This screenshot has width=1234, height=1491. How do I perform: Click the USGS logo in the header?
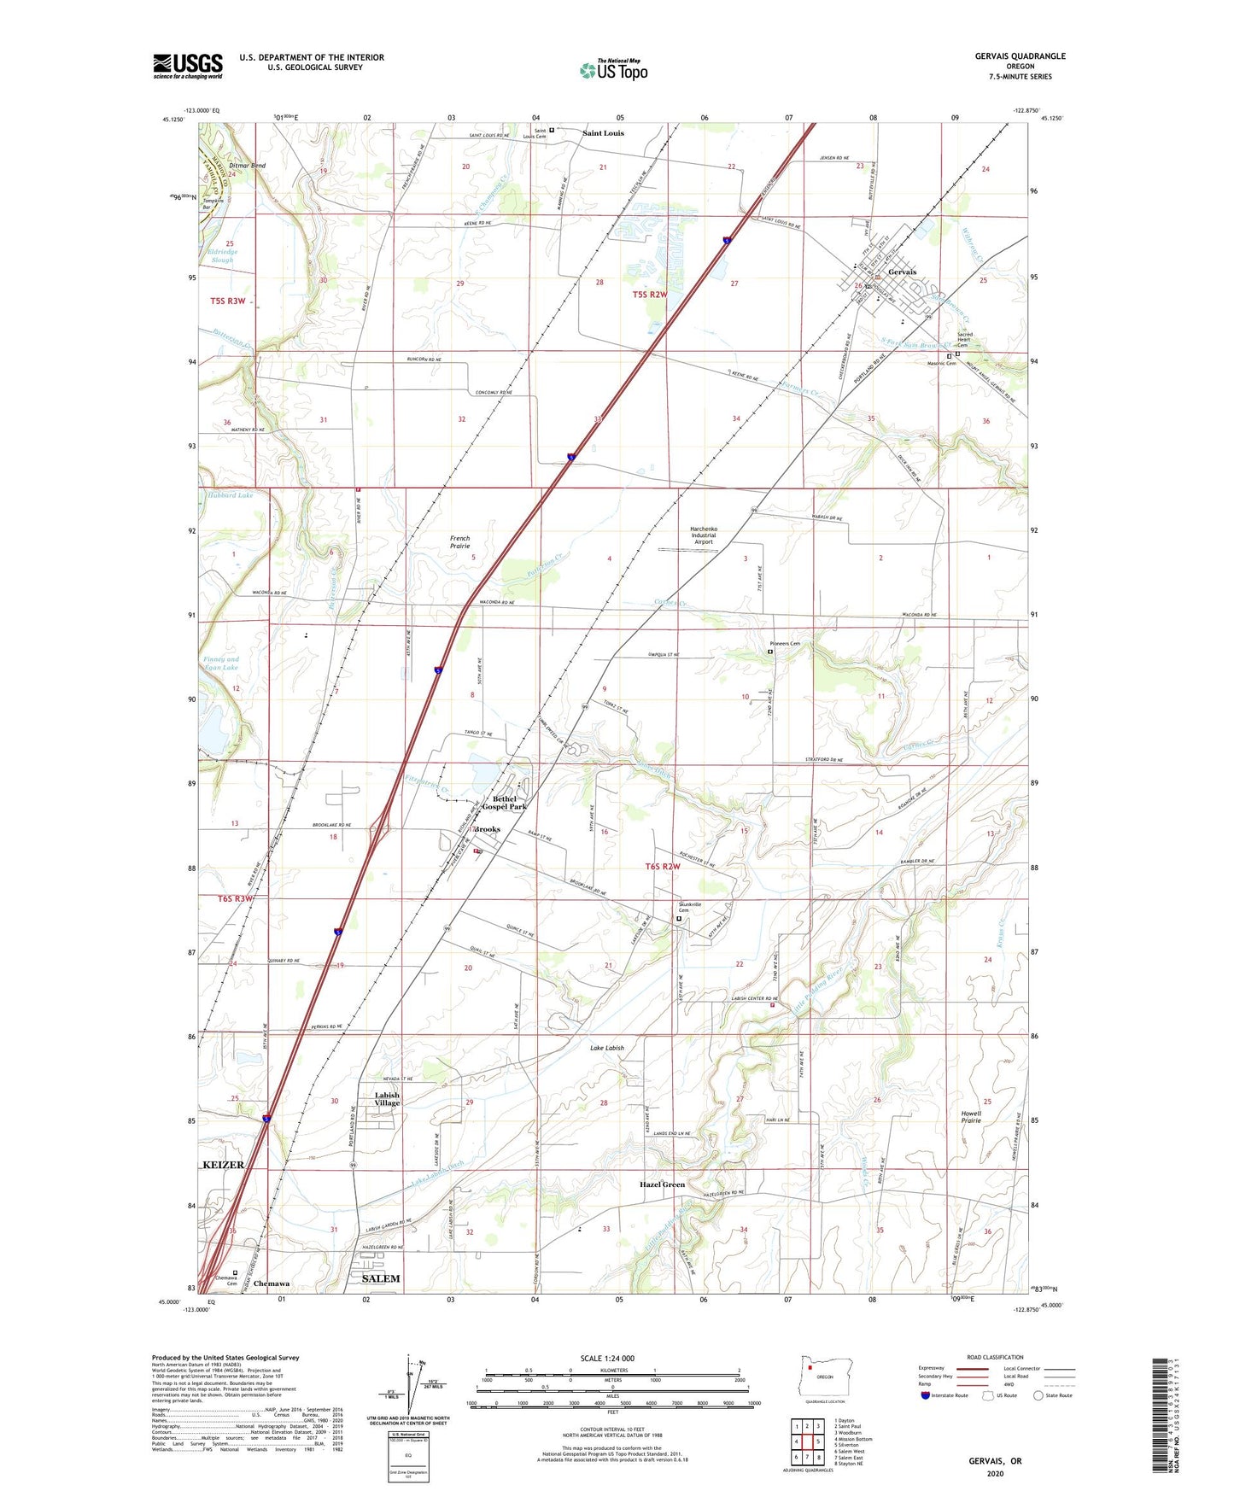pyautogui.click(x=188, y=66)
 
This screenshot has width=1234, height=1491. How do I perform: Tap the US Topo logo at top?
pyautogui.click(x=613, y=70)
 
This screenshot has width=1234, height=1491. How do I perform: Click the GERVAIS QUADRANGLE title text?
pyautogui.click(x=1020, y=56)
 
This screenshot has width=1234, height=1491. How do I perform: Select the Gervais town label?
pyautogui.click(x=902, y=272)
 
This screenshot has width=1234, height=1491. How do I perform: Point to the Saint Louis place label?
pyautogui.click(x=603, y=133)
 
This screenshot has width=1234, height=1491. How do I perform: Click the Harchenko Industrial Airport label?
pyautogui.click(x=703, y=535)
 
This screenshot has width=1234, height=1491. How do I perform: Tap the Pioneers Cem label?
pyautogui.click(x=783, y=644)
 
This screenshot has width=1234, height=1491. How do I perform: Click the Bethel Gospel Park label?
pyautogui.click(x=505, y=803)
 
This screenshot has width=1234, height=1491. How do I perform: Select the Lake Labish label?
pyautogui.click(x=607, y=1048)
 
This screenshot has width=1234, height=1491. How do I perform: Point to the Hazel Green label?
pyautogui.click(x=662, y=1184)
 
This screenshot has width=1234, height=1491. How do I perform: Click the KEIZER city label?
pyautogui.click(x=223, y=1165)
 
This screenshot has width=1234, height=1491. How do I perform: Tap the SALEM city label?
pyautogui.click(x=380, y=1278)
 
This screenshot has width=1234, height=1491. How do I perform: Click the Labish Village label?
pyautogui.click(x=387, y=1099)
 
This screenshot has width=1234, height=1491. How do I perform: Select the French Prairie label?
pyautogui.click(x=459, y=542)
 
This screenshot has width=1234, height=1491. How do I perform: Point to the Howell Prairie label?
pyautogui.click(x=971, y=1117)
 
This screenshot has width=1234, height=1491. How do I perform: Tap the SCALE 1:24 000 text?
pyautogui.click(x=607, y=1359)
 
